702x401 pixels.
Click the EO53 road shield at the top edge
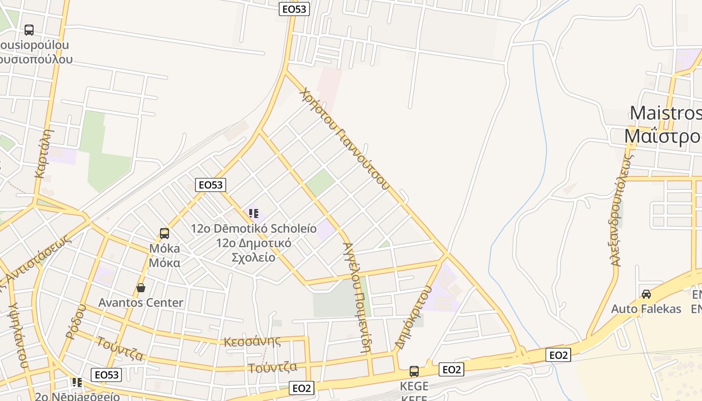[x=294, y=9]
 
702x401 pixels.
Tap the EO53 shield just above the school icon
[x=210, y=184]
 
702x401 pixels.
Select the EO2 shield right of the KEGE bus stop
[x=451, y=369]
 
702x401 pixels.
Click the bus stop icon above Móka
[x=164, y=233]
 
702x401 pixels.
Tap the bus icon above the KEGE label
[x=414, y=371]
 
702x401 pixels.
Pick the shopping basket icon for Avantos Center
[x=141, y=288]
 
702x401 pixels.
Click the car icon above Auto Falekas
[x=646, y=294]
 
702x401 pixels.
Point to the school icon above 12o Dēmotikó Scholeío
[x=254, y=214]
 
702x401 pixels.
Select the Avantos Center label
[x=141, y=303]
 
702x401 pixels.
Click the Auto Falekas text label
[x=646, y=309]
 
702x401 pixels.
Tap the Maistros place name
[x=665, y=113]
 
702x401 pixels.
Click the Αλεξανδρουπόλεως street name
[x=622, y=210]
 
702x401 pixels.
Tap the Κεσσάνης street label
[x=252, y=342]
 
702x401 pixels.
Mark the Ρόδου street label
[x=76, y=322]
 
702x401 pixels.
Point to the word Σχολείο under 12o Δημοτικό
[x=253, y=257]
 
